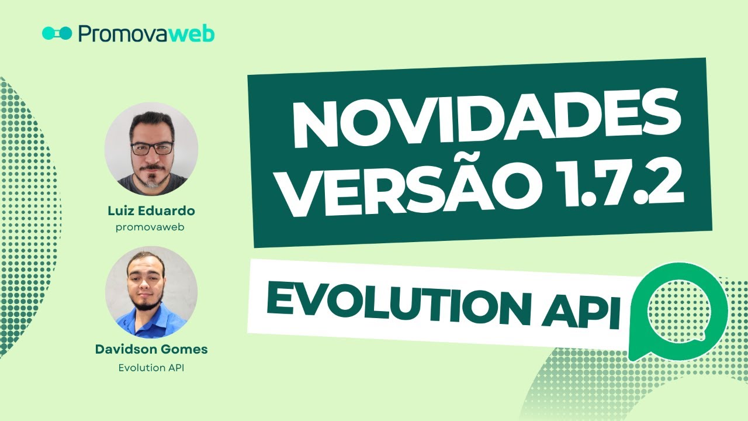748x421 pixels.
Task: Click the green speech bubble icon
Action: (x=678, y=310)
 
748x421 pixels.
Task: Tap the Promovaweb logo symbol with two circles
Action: (x=57, y=33)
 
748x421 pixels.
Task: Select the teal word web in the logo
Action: (x=192, y=34)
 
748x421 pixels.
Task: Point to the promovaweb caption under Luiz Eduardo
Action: (x=151, y=227)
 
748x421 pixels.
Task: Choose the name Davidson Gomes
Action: (x=151, y=350)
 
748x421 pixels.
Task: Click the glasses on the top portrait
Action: (x=151, y=148)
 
